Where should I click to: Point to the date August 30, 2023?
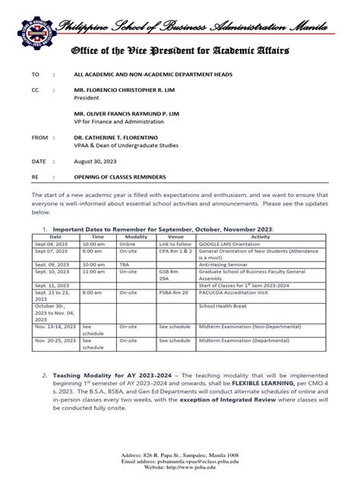point(95,162)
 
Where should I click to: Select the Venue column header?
point(175,236)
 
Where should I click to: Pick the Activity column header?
point(261,236)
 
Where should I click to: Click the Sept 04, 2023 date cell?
point(50,243)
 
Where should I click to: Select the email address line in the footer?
point(180,461)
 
